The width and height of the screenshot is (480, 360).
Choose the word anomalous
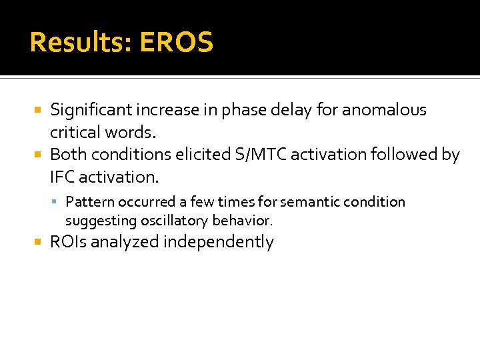click(386, 110)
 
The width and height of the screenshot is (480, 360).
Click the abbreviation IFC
click(65, 177)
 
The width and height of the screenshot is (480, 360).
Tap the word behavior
click(243, 220)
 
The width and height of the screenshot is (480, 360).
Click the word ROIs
click(69, 242)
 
